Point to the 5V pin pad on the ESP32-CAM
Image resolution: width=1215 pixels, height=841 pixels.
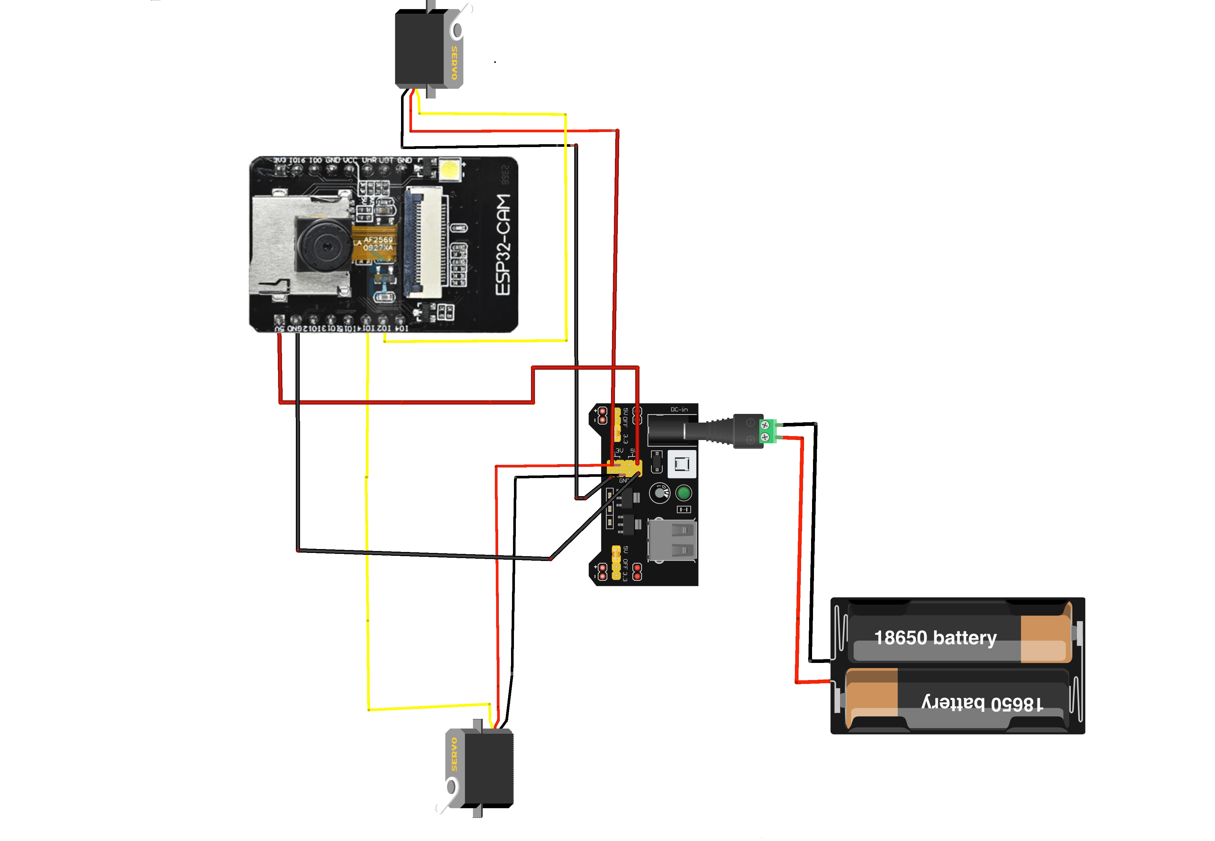279,320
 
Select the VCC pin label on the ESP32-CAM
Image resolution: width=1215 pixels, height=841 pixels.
350,160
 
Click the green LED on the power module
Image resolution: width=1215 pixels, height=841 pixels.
683,493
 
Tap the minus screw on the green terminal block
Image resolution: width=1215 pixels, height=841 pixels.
765,425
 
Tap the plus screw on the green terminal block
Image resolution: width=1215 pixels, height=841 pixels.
765,437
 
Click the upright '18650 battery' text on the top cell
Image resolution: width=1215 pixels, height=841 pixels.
935,637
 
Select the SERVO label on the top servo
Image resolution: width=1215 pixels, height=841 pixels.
454,63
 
